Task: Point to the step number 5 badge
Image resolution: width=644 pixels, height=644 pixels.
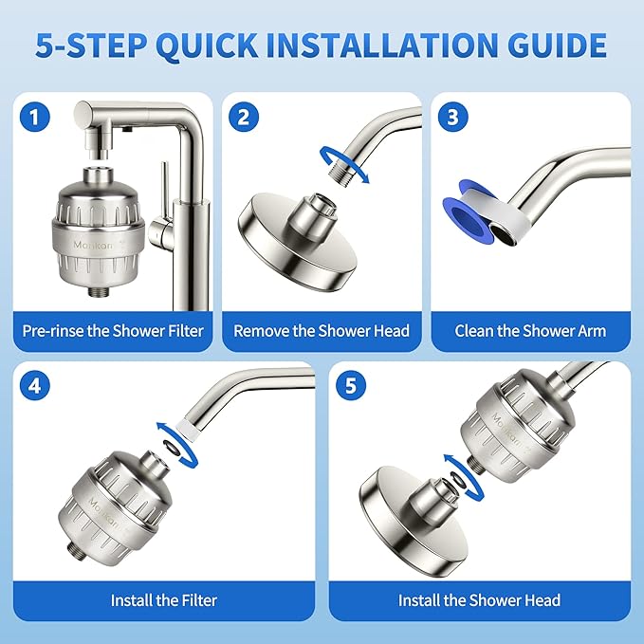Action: click(352, 387)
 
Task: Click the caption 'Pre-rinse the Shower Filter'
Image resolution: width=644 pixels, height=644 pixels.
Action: click(112, 331)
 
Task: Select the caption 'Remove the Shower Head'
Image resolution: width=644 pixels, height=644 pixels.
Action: click(322, 331)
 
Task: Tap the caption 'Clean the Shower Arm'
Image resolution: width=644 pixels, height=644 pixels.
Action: click(530, 331)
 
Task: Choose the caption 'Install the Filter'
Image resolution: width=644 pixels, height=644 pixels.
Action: click(164, 599)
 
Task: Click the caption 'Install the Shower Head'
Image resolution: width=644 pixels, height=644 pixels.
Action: click(479, 599)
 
